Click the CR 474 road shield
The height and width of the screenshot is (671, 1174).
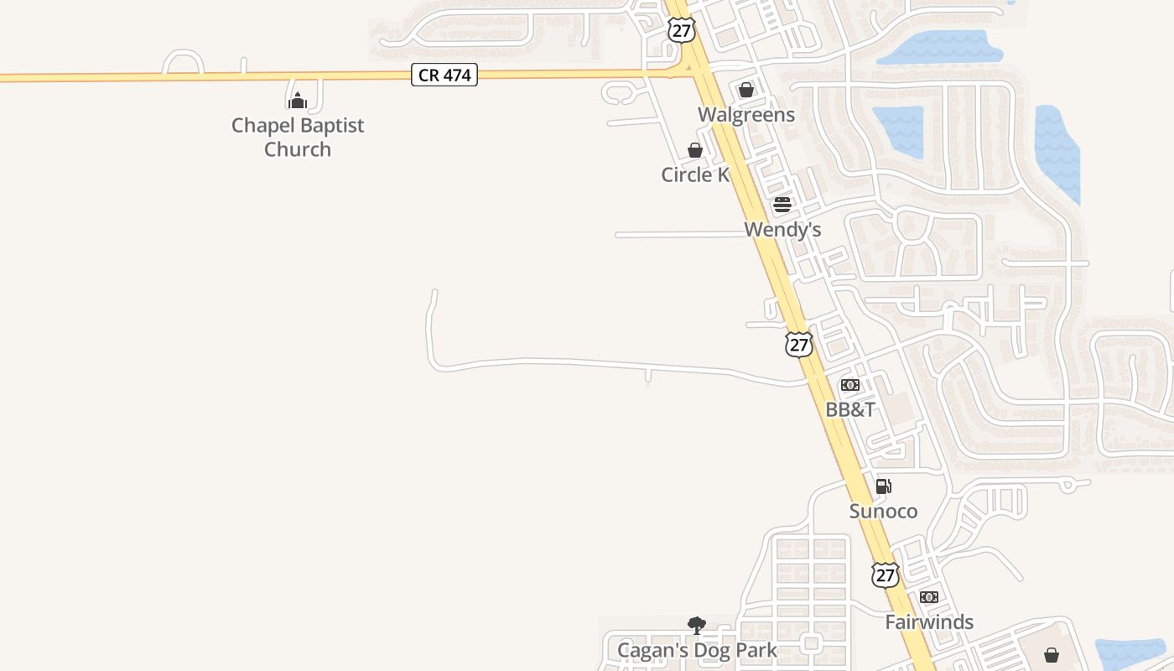coord(444,75)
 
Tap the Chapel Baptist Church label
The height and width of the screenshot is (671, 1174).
coord(298,137)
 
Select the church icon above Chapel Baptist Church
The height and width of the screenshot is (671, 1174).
coord(298,101)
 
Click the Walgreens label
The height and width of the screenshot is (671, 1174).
coord(746,114)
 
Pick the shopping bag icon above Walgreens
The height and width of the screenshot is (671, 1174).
coord(746,90)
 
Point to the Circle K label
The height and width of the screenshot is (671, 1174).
coord(695,174)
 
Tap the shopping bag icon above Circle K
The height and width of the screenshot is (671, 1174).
coord(695,150)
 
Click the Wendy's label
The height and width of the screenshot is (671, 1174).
coord(782,229)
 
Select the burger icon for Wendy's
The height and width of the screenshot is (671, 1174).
coord(782,205)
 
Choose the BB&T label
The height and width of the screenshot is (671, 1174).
coord(850,409)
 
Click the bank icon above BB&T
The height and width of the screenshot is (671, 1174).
coord(850,385)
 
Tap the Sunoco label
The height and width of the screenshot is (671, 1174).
coord(883,511)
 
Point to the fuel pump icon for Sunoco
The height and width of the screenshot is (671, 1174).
coord(883,486)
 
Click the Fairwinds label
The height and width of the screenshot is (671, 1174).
coord(929,622)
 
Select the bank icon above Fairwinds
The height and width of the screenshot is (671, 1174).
coord(929,597)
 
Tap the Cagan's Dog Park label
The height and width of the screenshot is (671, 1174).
coord(697,650)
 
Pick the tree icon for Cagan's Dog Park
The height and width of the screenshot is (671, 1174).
coord(696,626)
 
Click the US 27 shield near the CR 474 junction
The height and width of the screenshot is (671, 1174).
coord(682,29)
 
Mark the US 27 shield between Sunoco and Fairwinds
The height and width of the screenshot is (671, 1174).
coord(886,575)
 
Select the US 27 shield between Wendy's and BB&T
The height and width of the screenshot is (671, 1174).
coord(799,343)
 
